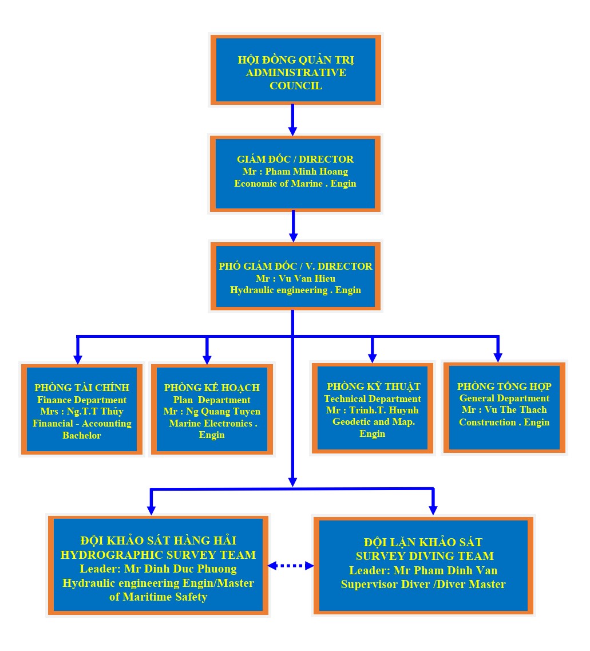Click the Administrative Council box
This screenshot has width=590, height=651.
click(x=295, y=70)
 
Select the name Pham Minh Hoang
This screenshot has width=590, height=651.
click(x=307, y=171)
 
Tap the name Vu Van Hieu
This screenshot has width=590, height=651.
click(x=307, y=278)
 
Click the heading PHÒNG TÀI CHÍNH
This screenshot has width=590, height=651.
click(x=82, y=388)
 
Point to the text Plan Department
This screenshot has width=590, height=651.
click(x=212, y=400)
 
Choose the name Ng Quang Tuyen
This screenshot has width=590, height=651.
click(x=223, y=412)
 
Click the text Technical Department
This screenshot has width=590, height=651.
click(x=373, y=399)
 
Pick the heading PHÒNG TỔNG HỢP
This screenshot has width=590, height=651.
click(x=504, y=386)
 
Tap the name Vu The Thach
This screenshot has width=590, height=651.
click(x=516, y=409)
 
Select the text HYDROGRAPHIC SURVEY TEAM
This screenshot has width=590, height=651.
click(x=158, y=555)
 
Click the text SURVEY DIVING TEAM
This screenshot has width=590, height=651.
click(x=425, y=556)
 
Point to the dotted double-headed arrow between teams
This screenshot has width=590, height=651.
click(x=291, y=566)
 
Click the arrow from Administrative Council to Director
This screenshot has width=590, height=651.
click(x=292, y=120)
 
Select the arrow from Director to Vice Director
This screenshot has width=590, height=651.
click(x=294, y=226)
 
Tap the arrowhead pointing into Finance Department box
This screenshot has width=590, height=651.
click(x=78, y=359)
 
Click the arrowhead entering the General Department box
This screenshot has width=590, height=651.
click(x=498, y=357)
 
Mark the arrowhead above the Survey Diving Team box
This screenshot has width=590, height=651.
click(x=433, y=510)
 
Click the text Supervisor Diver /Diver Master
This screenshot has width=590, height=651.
click(x=423, y=584)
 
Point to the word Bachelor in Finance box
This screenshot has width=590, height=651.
click(x=82, y=435)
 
